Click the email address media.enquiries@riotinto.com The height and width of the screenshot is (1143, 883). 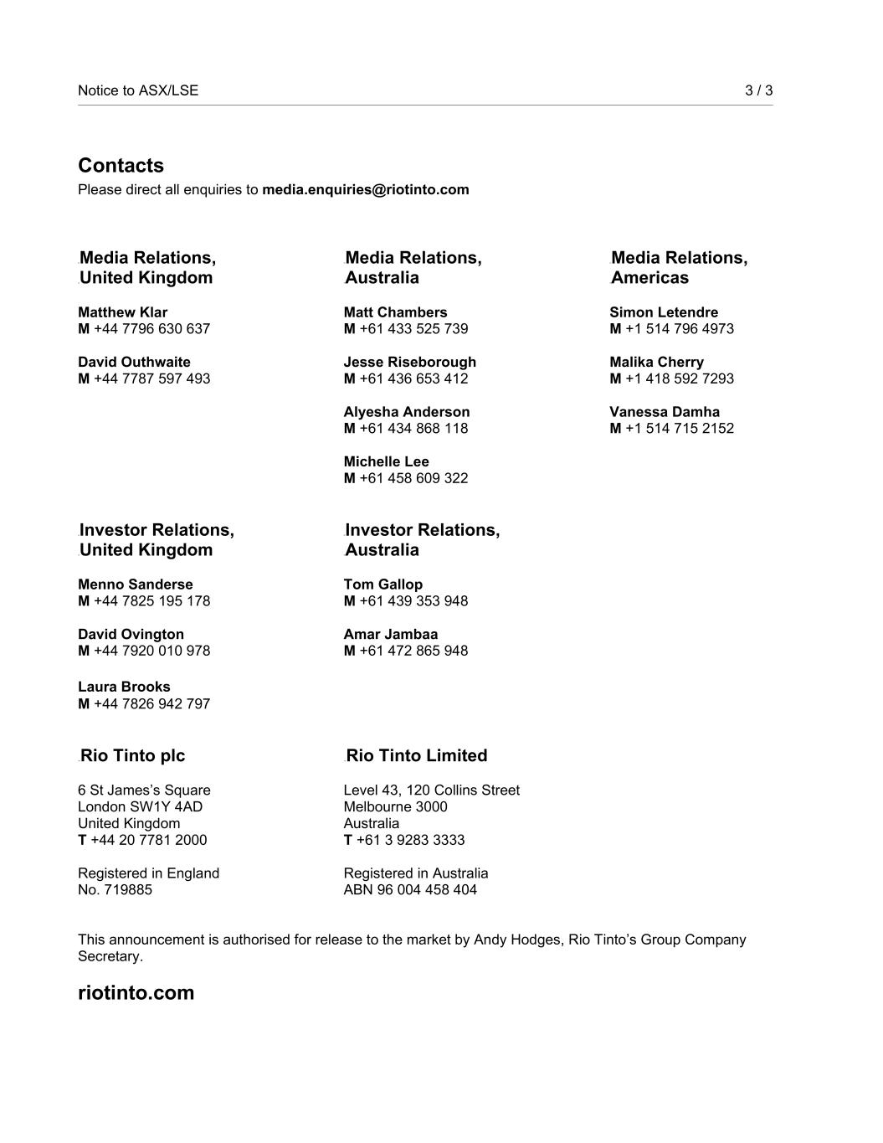(x=365, y=189)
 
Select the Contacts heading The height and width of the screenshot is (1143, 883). (x=121, y=166)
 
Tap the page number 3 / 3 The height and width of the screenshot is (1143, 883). (x=758, y=90)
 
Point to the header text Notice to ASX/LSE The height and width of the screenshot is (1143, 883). (x=138, y=90)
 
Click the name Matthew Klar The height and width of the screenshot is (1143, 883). (x=122, y=312)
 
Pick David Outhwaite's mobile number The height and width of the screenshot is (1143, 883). (x=151, y=378)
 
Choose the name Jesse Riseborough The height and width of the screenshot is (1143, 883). (x=409, y=362)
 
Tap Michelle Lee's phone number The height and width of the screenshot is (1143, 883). (x=413, y=478)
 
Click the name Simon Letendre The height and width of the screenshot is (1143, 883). (x=663, y=312)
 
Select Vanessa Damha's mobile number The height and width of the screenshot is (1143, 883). (x=679, y=428)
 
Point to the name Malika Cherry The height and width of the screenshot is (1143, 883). (x=656, y=362)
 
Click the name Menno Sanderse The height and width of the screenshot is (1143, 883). (x=135, y=584)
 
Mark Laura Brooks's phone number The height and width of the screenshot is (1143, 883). (x=151, y=703)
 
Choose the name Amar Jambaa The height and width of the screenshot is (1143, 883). (x=390, y=634)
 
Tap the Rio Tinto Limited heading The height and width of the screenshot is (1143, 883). (x=416, y=755)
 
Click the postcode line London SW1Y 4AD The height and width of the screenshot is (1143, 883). (x=140, y=806)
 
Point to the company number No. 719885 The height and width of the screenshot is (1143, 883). (x=115, y=889)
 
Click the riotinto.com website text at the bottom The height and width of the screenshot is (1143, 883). (x=136, y=992)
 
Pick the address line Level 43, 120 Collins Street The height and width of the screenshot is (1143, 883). (x=431, y=790)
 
